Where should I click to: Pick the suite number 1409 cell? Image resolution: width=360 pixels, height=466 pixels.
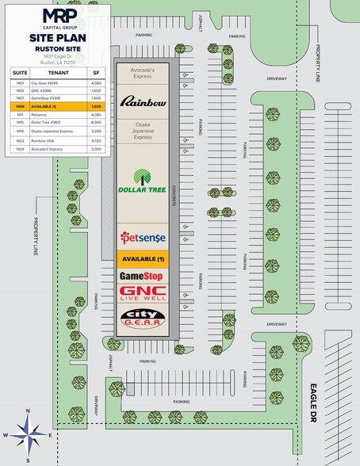point(17,105)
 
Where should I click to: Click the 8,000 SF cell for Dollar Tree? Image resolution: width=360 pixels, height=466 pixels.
point(94,122)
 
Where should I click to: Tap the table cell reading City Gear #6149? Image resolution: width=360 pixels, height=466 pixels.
point(43,82)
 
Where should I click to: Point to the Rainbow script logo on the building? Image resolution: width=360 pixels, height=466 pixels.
point(143,101)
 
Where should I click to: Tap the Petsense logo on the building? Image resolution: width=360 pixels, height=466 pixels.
point(143,237)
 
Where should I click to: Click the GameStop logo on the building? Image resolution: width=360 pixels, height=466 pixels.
point(143,276)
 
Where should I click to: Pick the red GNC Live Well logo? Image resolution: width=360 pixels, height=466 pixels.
point(143,293)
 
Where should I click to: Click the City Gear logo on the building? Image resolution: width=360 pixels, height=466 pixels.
point(143,319)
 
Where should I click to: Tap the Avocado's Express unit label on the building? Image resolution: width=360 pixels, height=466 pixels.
point(143,74)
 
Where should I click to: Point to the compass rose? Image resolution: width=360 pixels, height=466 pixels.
point(28,435)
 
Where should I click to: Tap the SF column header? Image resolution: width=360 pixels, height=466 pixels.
point(94,71)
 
